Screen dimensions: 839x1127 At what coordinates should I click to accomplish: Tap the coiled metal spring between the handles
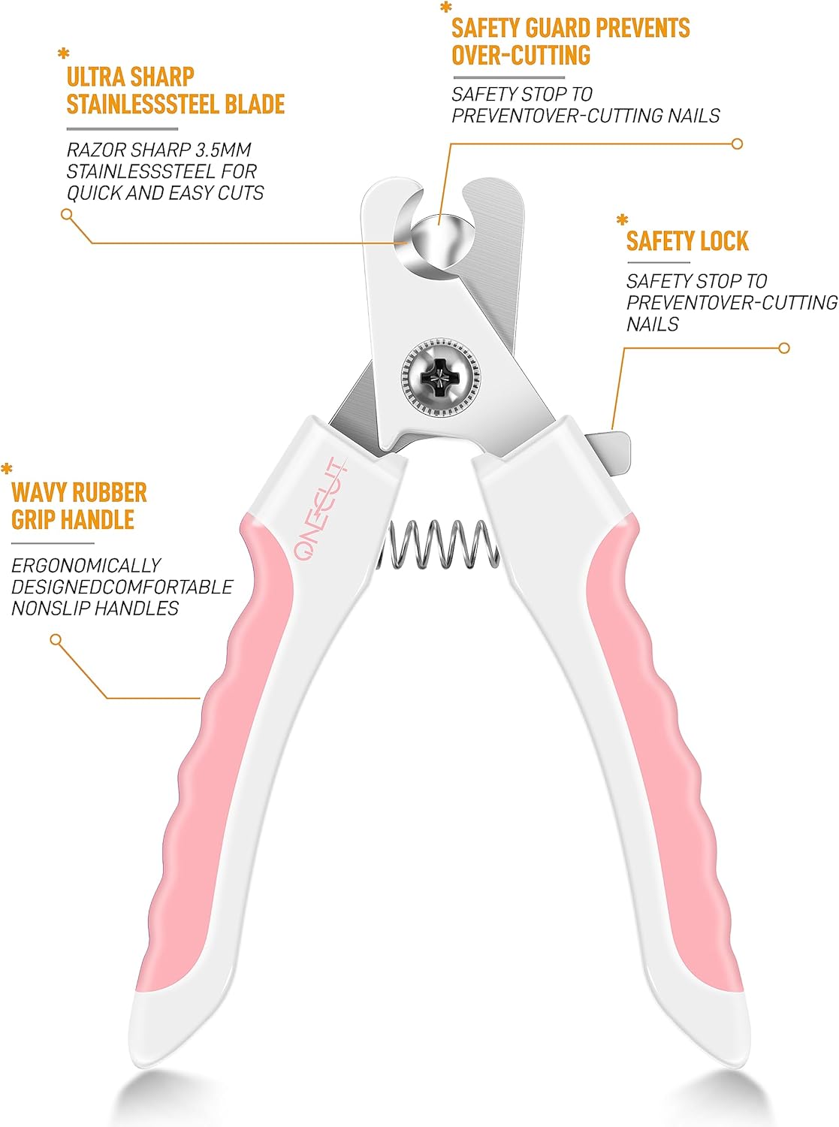pos(438,545)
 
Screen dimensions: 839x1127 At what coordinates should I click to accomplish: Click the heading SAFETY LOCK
pos(687,241)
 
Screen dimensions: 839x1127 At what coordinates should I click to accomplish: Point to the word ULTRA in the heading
pos(95,77)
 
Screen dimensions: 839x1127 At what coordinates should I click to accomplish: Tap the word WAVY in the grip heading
pos(39,492)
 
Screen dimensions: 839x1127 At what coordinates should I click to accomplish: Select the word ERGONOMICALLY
pos(86,565)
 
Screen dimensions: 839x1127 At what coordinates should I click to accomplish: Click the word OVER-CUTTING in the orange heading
pos(521,55)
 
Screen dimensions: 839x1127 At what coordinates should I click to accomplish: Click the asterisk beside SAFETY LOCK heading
pos(622,219)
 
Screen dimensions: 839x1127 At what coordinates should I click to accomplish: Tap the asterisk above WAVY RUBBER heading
pos(7,468)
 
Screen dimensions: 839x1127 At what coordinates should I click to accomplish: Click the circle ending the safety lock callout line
pos(784,348)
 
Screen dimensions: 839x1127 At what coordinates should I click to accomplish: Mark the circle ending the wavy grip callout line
pos(56,639)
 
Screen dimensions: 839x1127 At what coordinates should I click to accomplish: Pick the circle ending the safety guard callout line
pos(737,144)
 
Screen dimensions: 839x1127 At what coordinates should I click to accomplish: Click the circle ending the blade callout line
pos(66,214)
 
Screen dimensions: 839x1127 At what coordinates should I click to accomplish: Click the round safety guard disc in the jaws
pos(439,240)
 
